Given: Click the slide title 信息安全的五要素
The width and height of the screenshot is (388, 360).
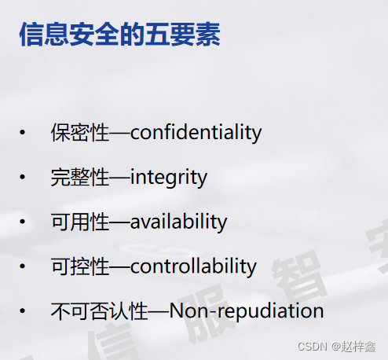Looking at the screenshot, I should [119, 35].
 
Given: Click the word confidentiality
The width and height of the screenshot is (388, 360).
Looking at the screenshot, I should [196, 132].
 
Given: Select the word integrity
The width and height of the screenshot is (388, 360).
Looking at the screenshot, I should [169, 177].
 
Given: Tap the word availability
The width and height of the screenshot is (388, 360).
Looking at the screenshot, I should [178, 222].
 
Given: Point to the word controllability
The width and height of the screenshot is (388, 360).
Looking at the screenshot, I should [193, 266].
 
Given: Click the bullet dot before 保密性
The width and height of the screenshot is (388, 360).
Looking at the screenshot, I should [23, 133].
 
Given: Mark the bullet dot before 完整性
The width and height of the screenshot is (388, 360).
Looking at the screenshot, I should [23, 178].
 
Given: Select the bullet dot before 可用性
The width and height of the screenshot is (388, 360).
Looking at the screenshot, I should [23, 222].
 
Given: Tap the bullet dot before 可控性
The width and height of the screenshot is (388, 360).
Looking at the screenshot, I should [23, 267].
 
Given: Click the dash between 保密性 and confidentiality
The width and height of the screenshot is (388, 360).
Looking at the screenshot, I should [119, 133].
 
